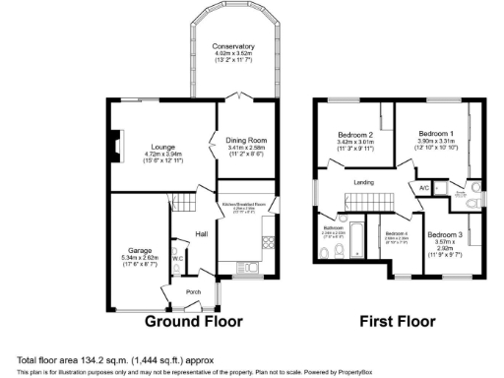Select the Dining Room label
point(246,141)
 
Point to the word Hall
point(201,233)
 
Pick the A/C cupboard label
point(424,187)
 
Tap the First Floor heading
point(398,321)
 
